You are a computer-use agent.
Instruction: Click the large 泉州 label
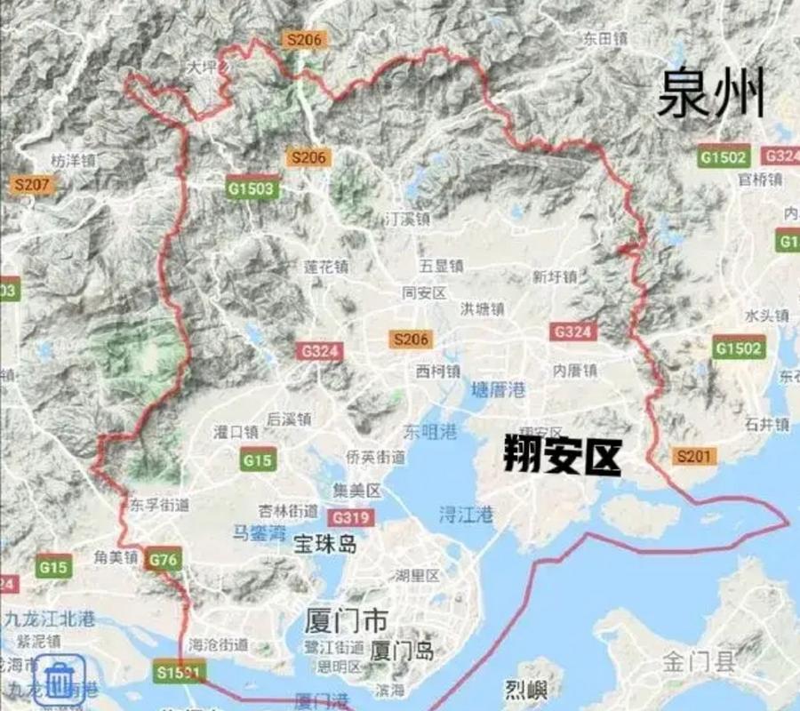pyautogui.click(x=711, y=96)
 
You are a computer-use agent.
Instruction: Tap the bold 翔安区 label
pyautogui.click(x=561, y=458)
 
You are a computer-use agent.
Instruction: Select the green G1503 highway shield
pyautogui.click(x=252, y=188)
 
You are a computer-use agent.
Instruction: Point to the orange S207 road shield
pyautogui.click(x=33, y=186)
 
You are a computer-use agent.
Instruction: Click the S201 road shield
pyautogui.click(x=694, y=456)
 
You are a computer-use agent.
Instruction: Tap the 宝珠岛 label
pyautogui.click(x=325, y=544)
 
